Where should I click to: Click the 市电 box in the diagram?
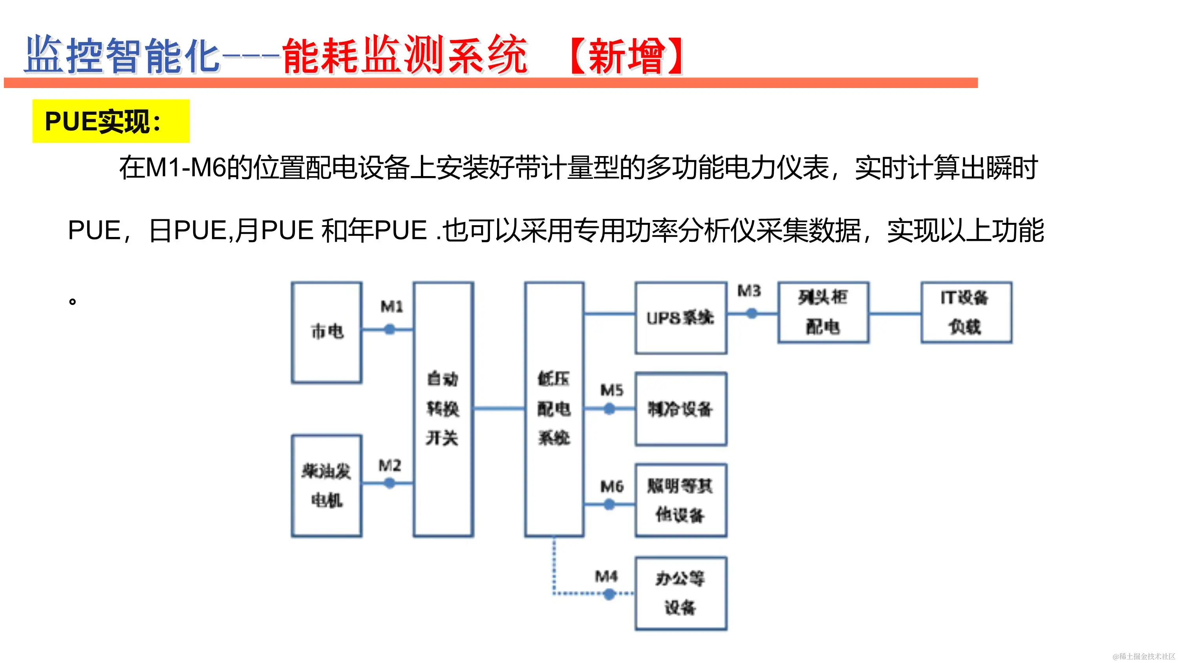(327, 332)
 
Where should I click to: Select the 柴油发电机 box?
(327, 485)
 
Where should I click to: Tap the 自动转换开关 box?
(443, 409)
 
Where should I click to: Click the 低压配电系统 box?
(554, 409)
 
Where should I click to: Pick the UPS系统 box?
(680, 318)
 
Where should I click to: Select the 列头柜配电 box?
(823, 312)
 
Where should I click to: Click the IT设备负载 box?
(966, 312)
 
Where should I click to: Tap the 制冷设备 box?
(680, 409)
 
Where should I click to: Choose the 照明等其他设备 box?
(680, 500)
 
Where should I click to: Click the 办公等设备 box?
(680, 593)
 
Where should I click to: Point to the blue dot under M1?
(390, 329)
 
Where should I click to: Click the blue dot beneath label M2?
(390, 483)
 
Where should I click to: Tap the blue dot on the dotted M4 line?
(609, 594)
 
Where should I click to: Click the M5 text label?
(611, 390)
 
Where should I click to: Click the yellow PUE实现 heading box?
(111, 121)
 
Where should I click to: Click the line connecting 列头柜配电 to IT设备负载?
(894, 314)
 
